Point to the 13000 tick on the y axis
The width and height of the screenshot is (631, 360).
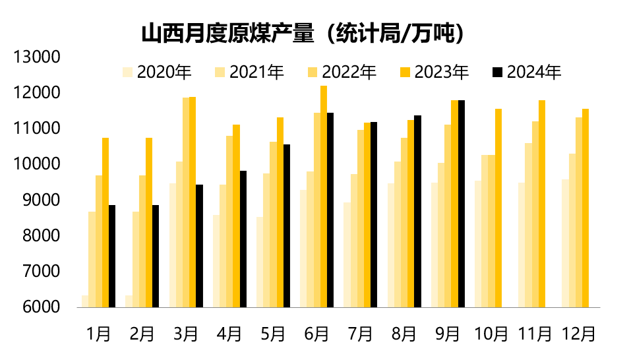[x=38, y=57]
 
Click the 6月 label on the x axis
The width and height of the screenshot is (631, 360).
[x=316, y=334]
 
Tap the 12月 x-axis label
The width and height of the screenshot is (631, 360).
[x=578, y=334]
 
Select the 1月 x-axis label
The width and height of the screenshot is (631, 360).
[x=98, y=334]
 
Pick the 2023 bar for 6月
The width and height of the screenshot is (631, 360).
[x=324, y=196]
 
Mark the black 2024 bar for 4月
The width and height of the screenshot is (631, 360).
[x=243, y=239]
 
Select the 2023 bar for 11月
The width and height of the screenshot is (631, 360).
[x=542, y=203]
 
